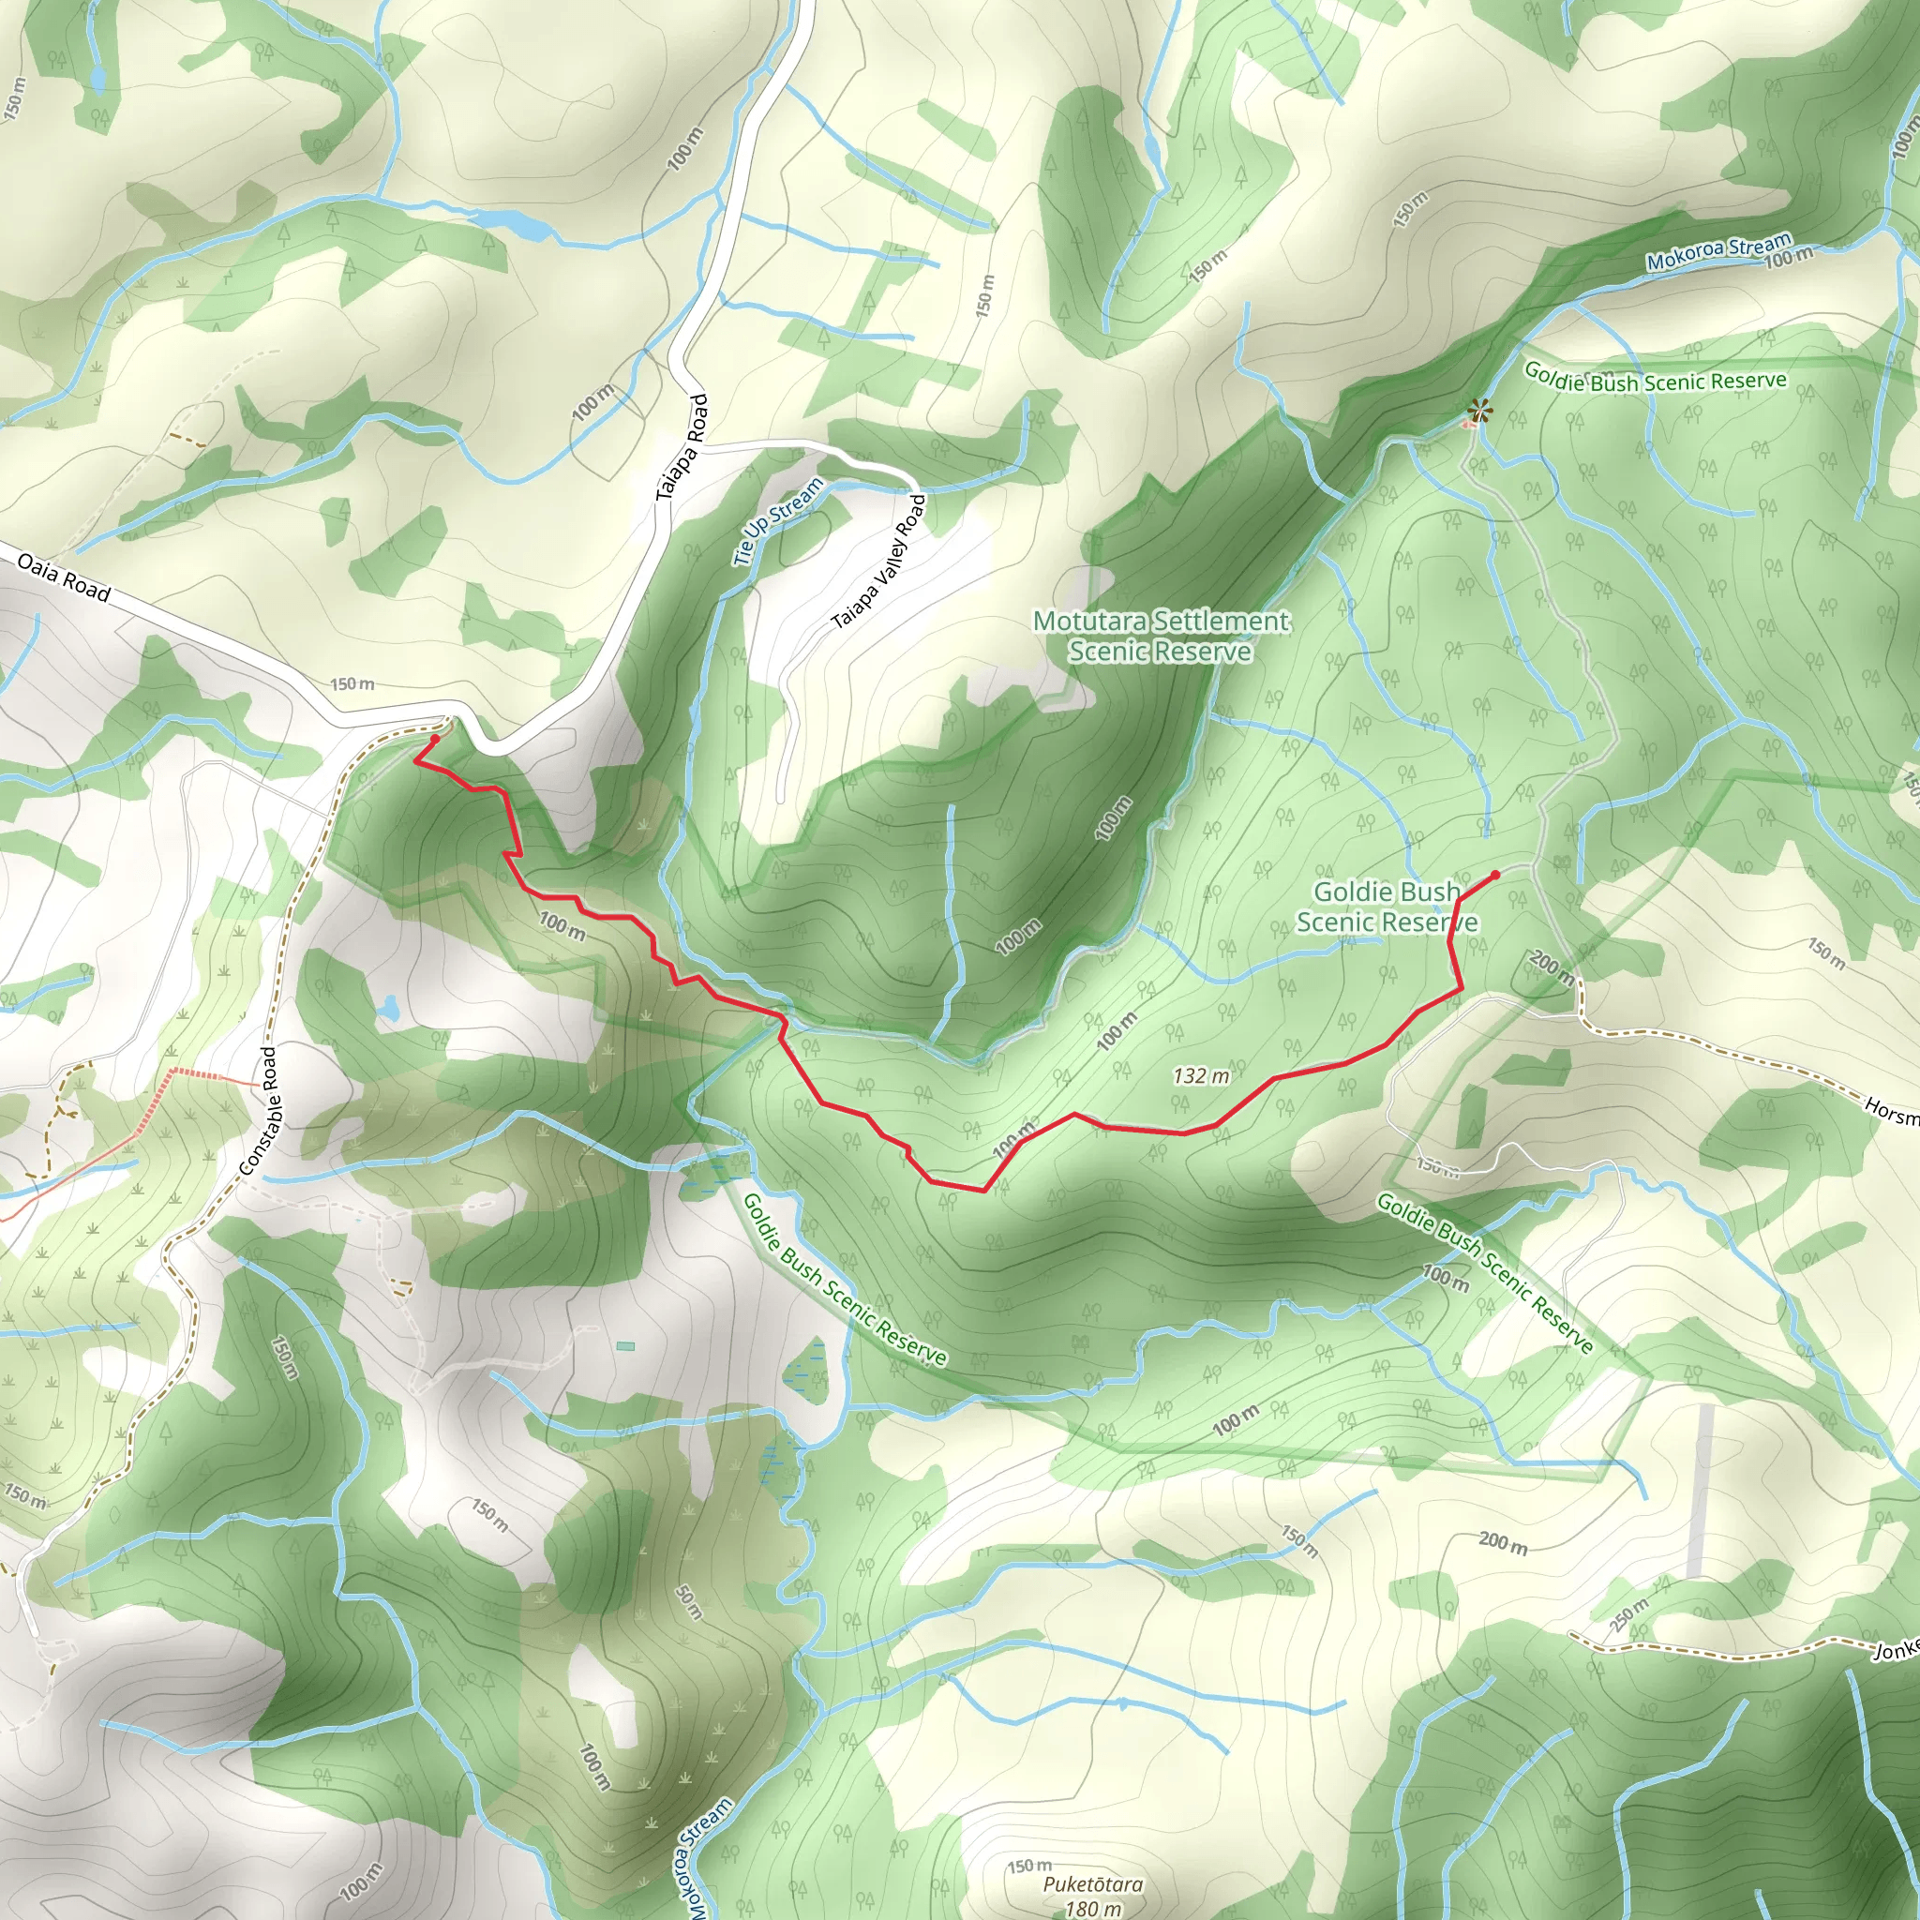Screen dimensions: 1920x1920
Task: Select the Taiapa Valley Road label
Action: (x=878, y=562)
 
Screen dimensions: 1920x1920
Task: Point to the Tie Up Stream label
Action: (x=778, y=520)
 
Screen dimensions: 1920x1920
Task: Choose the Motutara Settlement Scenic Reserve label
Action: (x=1161, y=636)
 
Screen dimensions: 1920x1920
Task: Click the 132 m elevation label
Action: (x=1201, y=1075)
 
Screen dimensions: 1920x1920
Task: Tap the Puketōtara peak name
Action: (x=1092, y=1884)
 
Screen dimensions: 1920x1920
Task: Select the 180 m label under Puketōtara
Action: (x=1092, y=1907)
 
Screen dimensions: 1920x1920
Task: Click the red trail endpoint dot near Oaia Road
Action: (x=434, y=740)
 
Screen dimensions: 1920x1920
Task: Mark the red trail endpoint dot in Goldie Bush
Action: (x=1495, y=875)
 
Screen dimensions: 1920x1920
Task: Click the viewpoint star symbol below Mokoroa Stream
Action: (x=1479, y=410)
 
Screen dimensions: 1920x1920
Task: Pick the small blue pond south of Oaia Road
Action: (x=388, y=1011)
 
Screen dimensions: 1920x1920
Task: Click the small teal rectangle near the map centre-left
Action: (x=625, y=1346)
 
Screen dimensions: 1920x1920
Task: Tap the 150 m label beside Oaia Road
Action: (x=352, y=683)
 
